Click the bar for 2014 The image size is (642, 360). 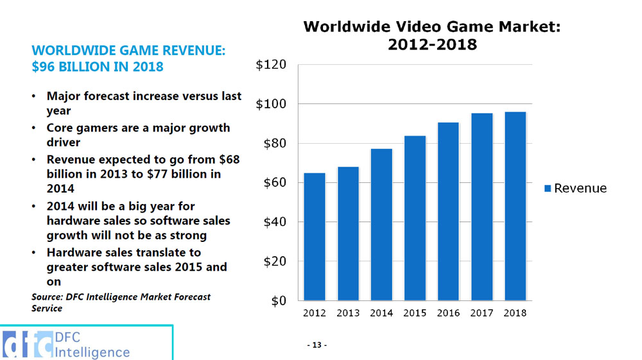[381, 224]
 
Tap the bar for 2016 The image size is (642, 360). [448, 211]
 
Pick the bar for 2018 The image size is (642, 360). [515, 206]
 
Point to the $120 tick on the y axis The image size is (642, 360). [271, 65]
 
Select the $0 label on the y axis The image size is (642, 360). [277, 301]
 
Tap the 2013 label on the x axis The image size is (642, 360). [348, 313]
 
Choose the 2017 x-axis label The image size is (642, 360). [481, 313]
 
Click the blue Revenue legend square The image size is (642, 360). [548, 188]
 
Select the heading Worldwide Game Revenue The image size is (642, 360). [128, 50]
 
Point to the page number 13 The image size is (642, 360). [316, 345]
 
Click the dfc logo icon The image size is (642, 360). [28, 345]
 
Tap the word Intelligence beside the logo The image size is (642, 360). [92, 352]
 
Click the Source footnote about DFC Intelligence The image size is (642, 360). [121, 302]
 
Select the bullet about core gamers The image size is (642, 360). [138, 135]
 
